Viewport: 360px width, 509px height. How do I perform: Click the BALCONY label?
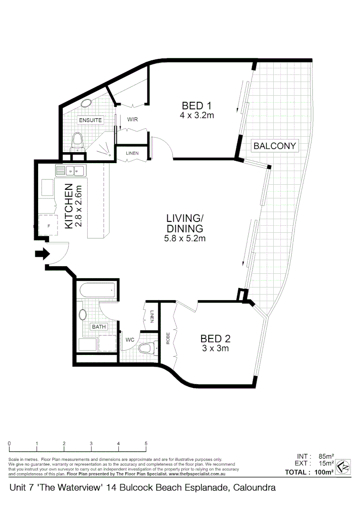click(x=275, y=146)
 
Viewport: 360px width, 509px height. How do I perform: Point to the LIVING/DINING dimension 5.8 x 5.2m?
click(x=185, y=238)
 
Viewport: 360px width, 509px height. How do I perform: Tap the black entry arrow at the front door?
click(x=42, y=254)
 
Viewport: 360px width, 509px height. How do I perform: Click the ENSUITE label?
click(x=90, y=120)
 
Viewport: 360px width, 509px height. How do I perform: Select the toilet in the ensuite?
click(x=77, y=141)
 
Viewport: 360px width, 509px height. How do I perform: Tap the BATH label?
click(x=98, y=327)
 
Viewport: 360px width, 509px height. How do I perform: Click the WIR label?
click(x=132, y=120)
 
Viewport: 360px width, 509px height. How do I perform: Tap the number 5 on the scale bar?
click(x=146, y=443)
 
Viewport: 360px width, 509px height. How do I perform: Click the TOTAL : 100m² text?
click(x=309, y=472)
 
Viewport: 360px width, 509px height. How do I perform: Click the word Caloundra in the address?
click(x=253, y=488)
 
